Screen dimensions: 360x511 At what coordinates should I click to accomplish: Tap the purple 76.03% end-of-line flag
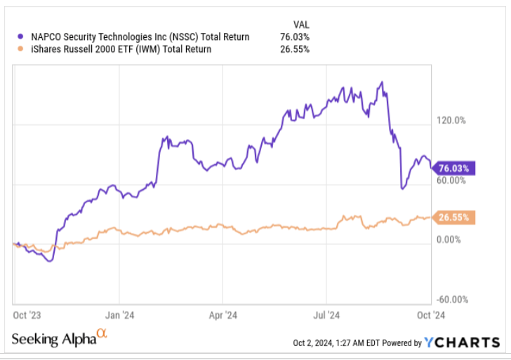(455, 168)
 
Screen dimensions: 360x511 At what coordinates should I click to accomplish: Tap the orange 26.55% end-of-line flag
(455, 218)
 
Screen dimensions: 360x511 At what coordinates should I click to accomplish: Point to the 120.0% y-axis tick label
(451, 121)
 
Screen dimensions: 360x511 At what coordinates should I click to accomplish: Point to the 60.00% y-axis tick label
(451, 180)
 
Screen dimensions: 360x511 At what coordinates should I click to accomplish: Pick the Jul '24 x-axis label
(326, 315)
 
